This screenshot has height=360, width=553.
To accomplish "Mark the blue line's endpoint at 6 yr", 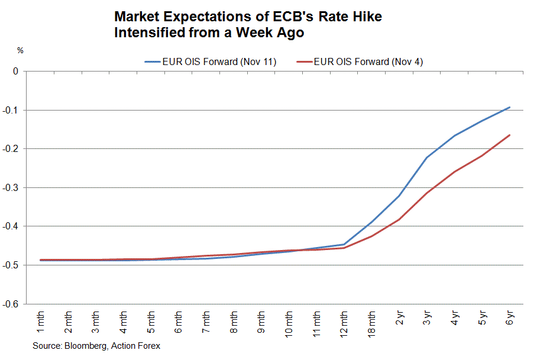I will [510, 108].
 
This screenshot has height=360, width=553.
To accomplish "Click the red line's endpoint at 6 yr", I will [510, 135].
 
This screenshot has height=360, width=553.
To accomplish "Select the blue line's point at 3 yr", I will [427, 157].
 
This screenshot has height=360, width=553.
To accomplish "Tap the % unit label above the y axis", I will [20, 51].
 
